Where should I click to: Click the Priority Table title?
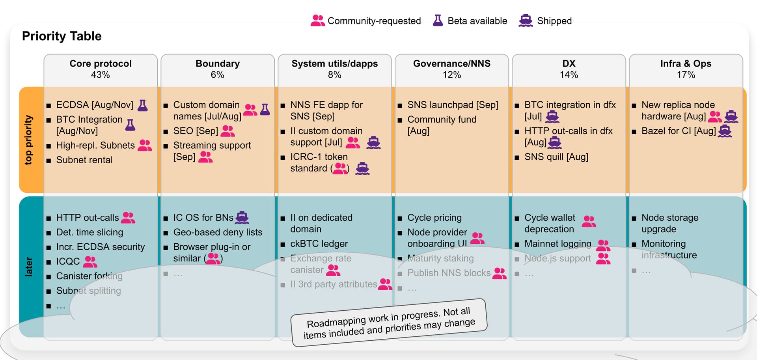click(62, 36)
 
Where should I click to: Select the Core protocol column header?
click(101, 63)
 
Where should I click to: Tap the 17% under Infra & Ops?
click(686, 75)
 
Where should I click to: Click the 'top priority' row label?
click(28, 140)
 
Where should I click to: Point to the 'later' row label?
click(29, 267)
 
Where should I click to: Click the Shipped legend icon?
click(526, 21)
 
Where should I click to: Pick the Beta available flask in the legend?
click(438, 21)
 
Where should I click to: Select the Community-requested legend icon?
click(317, 21)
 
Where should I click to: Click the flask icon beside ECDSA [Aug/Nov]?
click(143, 105)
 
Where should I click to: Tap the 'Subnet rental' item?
click(84, 160)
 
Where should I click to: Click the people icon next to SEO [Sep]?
click(227, 131)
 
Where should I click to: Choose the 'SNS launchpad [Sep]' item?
click(453, 105)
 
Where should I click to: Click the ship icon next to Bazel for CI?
click(725, 131)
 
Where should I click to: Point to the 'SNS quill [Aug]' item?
click(556, 157)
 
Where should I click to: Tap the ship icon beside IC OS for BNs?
click(242, 218)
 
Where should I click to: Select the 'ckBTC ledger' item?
click(319, 244)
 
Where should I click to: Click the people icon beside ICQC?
click(90, 261)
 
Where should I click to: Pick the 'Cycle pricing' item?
click(434, 218)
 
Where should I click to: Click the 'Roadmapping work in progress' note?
click(389, 323)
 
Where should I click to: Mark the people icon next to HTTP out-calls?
click(128, 218)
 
